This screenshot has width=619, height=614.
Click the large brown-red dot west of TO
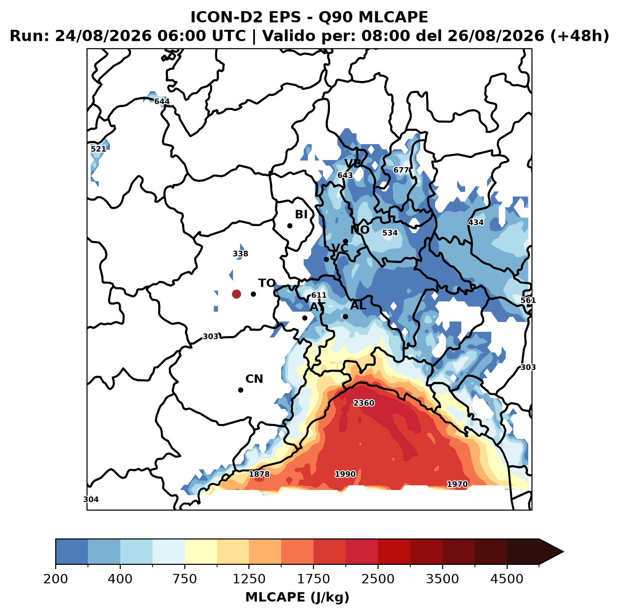point(236,294)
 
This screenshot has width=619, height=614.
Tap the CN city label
point(254,379)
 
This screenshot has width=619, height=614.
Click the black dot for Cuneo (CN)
point(240,390)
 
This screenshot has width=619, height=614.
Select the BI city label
point(301,214)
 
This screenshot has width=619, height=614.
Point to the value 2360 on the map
point(364,403)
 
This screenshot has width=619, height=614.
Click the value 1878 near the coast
point(259,474)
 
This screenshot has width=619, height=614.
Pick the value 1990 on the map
point(345,474)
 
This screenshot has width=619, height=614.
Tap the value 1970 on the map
point(457,484)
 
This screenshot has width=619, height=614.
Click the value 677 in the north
point(401,170)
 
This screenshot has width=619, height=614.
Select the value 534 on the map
point(390,233)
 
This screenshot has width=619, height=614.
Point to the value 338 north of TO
point(240,254)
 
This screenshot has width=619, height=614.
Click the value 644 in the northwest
point(161,102)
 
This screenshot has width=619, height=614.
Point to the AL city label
point(358,305)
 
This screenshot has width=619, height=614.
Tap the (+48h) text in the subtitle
point(580,36)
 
